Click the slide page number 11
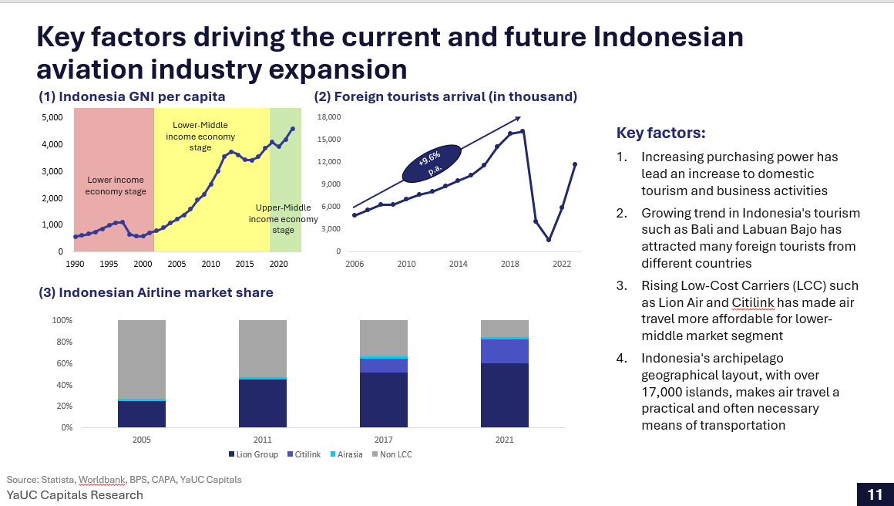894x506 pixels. (x=875, y=494)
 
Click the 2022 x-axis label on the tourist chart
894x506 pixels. (x=561, y=264)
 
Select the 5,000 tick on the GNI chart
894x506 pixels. (x=52, y=117)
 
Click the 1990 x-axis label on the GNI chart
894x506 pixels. (x=75, y=264)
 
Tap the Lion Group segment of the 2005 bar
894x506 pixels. (x=142, y=414)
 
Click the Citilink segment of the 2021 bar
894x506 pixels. (x=505, y=351)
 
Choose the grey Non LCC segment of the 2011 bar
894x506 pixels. (x=263, y=349)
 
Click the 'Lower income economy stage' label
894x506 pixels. (x=115, y=186)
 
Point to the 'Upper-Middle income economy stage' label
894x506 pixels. (x=283, y=218)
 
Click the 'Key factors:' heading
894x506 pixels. (x=660, y=133)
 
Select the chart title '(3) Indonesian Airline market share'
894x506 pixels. (x=156, y=292)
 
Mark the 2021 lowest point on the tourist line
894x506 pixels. (x=549, y=240)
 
